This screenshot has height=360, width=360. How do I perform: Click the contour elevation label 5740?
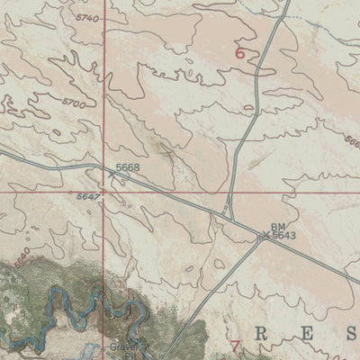(88, 17)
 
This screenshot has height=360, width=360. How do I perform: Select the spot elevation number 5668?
(128, 167)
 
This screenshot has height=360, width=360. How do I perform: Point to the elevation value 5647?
(88, 196)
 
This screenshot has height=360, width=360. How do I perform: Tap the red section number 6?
(239, 53)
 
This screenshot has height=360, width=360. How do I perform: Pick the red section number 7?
(236, 346)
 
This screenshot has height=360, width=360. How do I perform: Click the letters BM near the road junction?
(277, 228)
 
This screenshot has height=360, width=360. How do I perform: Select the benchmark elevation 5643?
(284, 236)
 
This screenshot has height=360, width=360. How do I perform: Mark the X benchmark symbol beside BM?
(265, 237)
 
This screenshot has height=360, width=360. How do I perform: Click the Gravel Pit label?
(126, 350)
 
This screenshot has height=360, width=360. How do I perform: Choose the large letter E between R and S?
(305, 334)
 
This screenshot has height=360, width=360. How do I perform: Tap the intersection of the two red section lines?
(103, 191)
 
